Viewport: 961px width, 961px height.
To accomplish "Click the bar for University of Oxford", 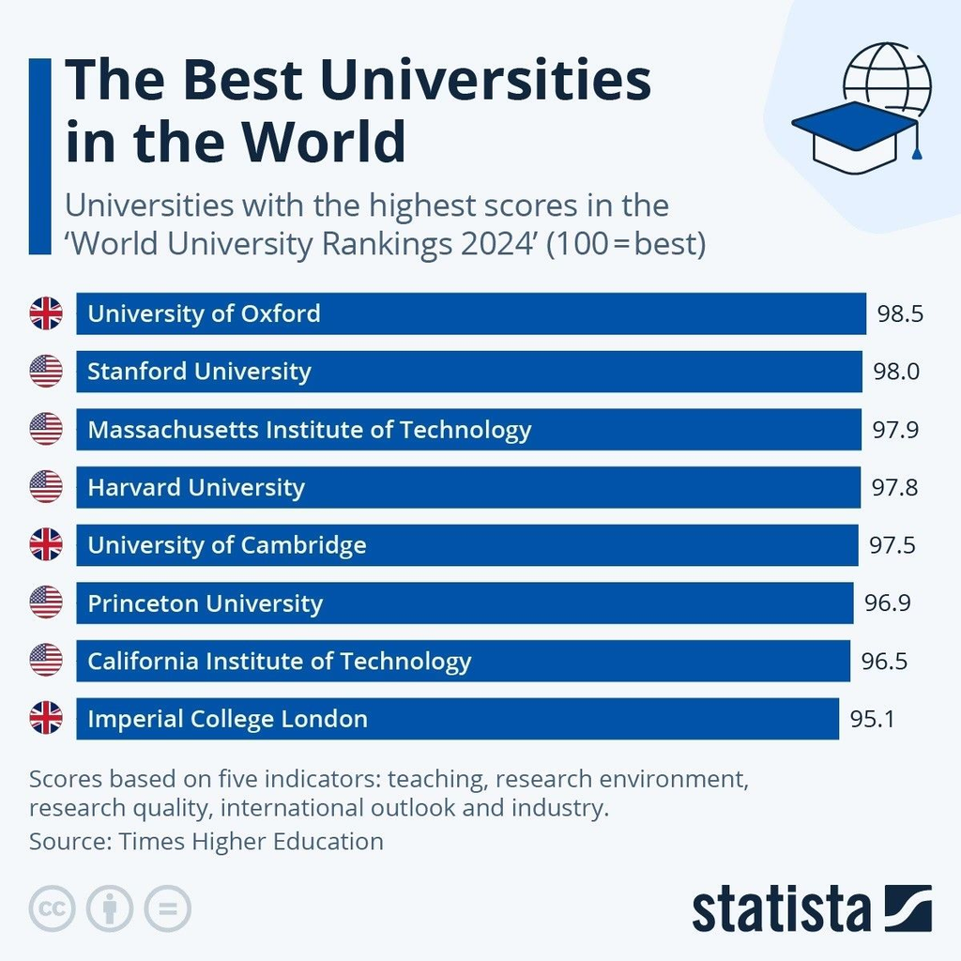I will [x=563, y=313].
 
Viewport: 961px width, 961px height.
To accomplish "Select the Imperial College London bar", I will [x=563, y=720].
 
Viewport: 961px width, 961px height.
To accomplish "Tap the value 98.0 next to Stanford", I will [x=896, y=372].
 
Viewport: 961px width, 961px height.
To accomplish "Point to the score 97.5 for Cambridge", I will [x=892, y=545].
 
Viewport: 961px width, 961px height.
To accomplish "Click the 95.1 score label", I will [x=873, y=720].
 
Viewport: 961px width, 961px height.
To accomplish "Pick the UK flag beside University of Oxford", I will [x=46, y=313].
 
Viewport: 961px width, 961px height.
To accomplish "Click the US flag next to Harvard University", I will [x=46, y=487].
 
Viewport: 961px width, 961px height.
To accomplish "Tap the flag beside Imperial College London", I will [x=46, y=720].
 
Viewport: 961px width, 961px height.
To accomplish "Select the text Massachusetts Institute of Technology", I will [x=309, y=430].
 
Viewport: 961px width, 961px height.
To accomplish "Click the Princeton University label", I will [x=205, y=603].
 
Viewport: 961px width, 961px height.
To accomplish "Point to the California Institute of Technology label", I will [x=279, y=662].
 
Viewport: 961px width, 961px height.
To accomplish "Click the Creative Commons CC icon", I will [x=53, y=908].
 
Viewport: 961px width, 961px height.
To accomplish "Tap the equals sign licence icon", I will [x=167, y=908].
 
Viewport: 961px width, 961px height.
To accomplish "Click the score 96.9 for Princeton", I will [x=888, y=603].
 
